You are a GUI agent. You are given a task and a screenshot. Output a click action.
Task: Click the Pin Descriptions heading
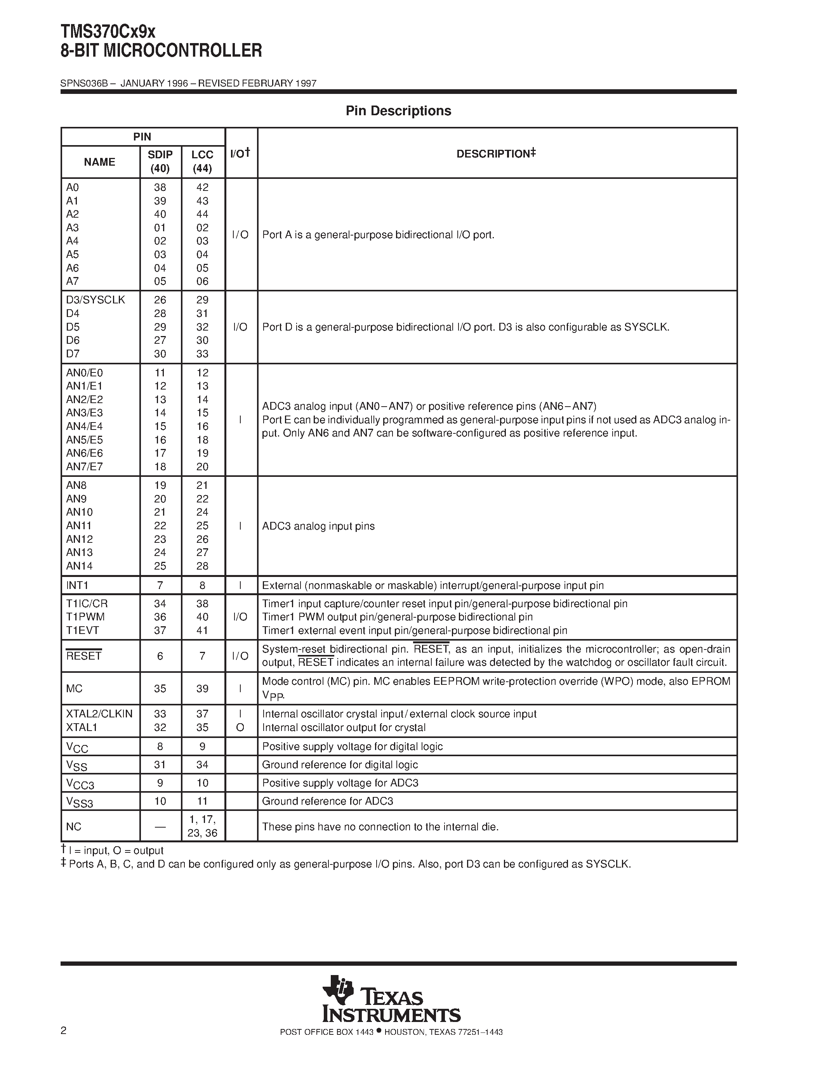point(398,111)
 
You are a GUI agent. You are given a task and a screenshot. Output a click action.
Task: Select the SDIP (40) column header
point(160,162)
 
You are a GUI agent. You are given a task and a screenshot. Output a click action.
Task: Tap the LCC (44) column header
point(202,162)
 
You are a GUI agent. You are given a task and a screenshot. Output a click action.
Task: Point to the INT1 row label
point(77,585)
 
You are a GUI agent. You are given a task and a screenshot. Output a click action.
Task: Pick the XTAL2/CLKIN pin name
point(99,714)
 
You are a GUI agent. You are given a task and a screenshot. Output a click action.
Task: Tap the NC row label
point(74,826)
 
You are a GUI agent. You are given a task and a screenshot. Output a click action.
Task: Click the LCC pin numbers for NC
point(202,826)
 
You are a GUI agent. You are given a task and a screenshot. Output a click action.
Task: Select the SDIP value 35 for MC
point(160,688)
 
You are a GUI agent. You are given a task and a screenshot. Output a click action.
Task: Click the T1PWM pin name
point(85,617)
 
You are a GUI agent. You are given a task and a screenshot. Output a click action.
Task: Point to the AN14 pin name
point(80,566)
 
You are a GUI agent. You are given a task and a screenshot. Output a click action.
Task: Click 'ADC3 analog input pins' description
point(318,526)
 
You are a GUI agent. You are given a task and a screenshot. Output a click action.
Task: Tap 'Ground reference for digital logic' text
point(340,765)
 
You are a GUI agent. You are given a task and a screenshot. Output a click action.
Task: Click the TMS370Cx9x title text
point(108,32)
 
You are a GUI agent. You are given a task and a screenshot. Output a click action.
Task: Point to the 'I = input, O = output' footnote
point(115,850)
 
